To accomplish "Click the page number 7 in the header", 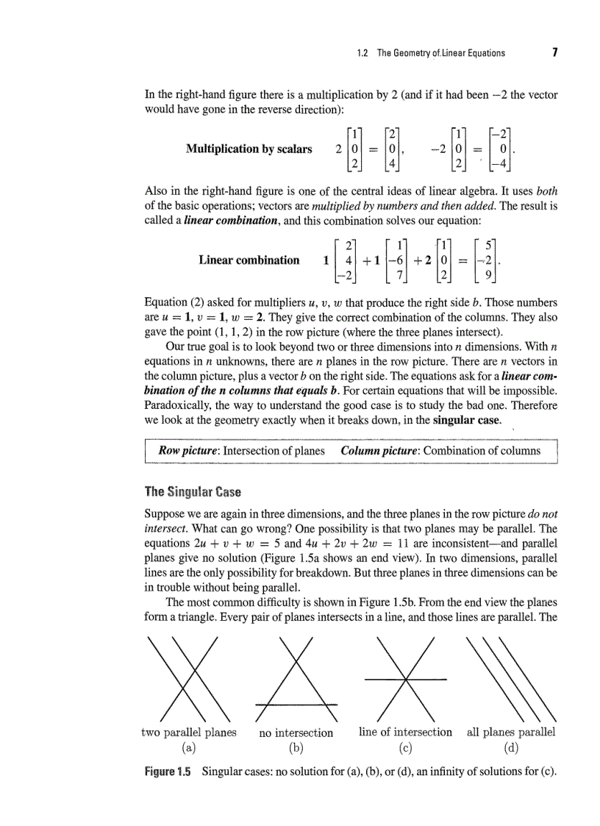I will pos(554,53).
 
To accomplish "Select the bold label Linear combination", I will pos(249,260).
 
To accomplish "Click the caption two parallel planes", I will pos(188,732).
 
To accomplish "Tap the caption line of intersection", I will pos(405,732).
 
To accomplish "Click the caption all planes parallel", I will pos(511,732).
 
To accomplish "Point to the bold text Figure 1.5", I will pos(167,772).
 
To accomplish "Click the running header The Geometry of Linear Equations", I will pos(430,53).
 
